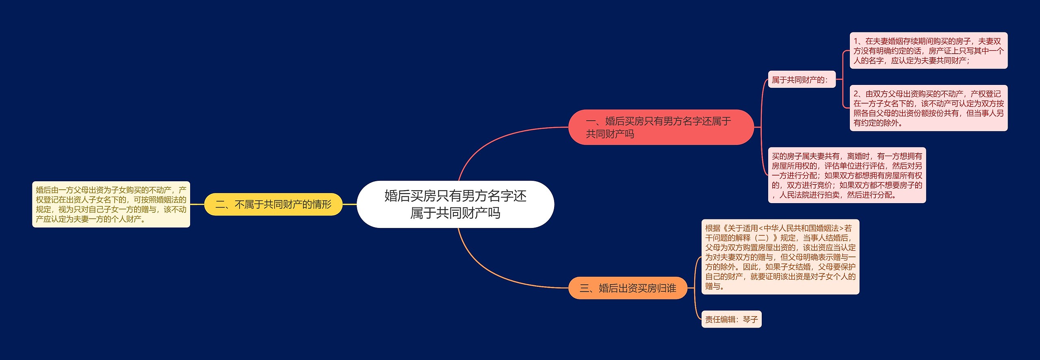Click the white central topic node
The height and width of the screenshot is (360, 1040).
pyautogui.click(x=455, y=204)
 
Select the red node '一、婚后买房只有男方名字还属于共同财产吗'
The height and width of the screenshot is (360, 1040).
pyautogui.click(x=661, y=127)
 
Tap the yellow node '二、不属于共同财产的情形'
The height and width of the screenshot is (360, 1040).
pyautogui.click(x=273, y=204)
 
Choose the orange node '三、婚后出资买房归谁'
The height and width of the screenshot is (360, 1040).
pyautogui.click(x=628, y=288)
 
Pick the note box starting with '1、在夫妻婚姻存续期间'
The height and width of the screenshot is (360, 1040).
pyautogui.click(x=928, y=51)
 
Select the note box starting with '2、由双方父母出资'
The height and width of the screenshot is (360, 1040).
pyautogui.click(x=928, y=108)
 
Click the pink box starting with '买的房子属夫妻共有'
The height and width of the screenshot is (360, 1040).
pyautogui.click(x=847, y=175)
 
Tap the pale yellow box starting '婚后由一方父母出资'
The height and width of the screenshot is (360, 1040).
pyautogui.click(x=111, y=204)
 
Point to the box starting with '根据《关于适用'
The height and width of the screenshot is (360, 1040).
pyautogui.click(x=780, y=257)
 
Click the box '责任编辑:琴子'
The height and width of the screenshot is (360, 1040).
pyautogui.click(x=731, y=319)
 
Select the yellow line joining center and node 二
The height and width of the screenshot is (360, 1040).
pyautogui.click(x=349, y=204)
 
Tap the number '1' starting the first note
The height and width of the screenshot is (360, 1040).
pyautogui.click(x=856, y=41)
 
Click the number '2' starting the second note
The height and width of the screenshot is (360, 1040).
pyautogui.click(x=856, y=94)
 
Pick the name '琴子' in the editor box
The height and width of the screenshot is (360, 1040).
pyautogui.click(x=750, y=319)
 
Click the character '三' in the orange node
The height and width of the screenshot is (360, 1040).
pyautogui.click(x=584, y=288)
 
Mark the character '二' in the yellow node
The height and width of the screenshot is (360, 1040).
pyautogui.click(x=220, y=204)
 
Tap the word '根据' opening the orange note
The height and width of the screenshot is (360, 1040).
pyautogui.click(x=713, y=228)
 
